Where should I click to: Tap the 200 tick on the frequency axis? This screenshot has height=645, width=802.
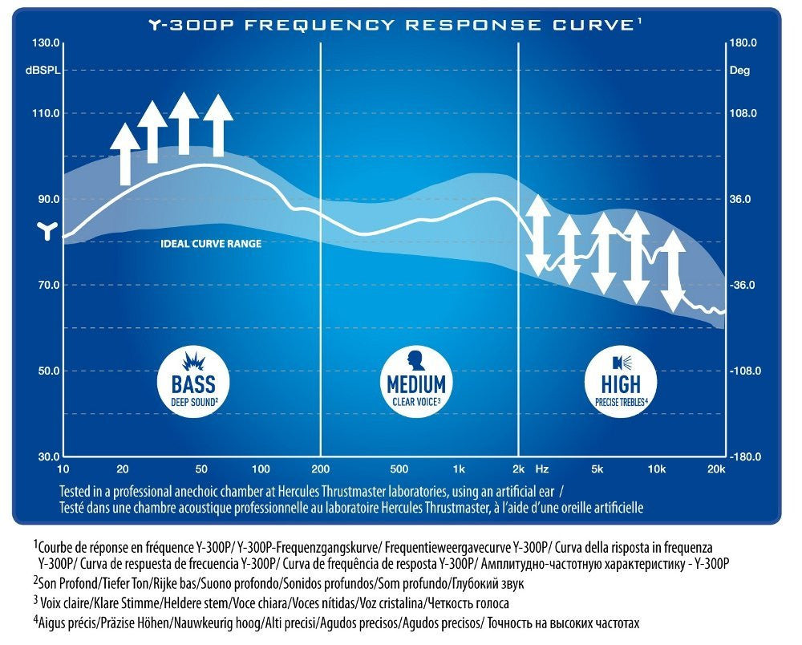coord(321,468)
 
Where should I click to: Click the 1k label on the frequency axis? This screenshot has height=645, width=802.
coord(458,468)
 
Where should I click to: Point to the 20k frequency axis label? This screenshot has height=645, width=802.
coord(715,468)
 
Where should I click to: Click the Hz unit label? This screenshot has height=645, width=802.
coord(542,468)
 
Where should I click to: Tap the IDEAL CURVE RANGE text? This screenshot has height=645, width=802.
coord(211,243)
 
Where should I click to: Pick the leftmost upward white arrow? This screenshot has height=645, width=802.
coord(125,155)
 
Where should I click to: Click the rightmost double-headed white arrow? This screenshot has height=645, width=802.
coord(672,270)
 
